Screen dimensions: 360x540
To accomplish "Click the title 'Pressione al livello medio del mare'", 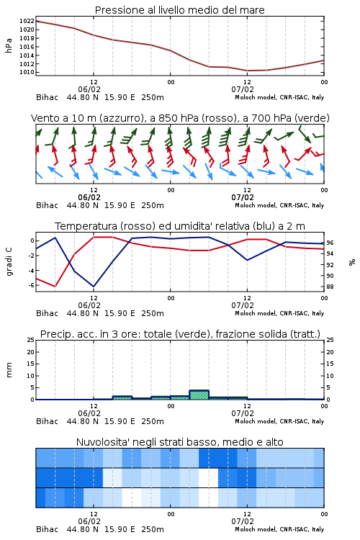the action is click(179, 10).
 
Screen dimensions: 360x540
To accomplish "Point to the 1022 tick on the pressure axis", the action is click(27, 22).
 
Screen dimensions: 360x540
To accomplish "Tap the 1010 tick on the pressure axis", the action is click(27, 72).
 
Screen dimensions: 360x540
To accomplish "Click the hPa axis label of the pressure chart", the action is click(9, 45).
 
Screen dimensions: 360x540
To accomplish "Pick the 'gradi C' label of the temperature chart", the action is click(9, 262).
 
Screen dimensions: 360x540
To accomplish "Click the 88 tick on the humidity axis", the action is click(330, 287).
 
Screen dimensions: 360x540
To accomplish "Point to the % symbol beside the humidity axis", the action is click(352, 262).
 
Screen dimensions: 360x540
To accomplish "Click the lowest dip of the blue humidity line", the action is click(94, 287).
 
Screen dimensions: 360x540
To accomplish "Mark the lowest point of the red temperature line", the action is click(55, 287).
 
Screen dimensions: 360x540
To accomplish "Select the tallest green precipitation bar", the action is click(199, 395).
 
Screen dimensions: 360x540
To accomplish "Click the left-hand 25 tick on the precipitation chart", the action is click(31, 340).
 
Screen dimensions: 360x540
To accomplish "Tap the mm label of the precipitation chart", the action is click(9, 370).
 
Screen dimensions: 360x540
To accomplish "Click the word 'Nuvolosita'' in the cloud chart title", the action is click(97, 442).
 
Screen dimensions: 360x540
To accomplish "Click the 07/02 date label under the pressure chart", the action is click(243, 89).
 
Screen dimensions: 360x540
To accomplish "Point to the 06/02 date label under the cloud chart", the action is click(89, 522).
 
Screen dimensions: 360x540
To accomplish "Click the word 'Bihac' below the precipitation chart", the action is click(48, 421).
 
